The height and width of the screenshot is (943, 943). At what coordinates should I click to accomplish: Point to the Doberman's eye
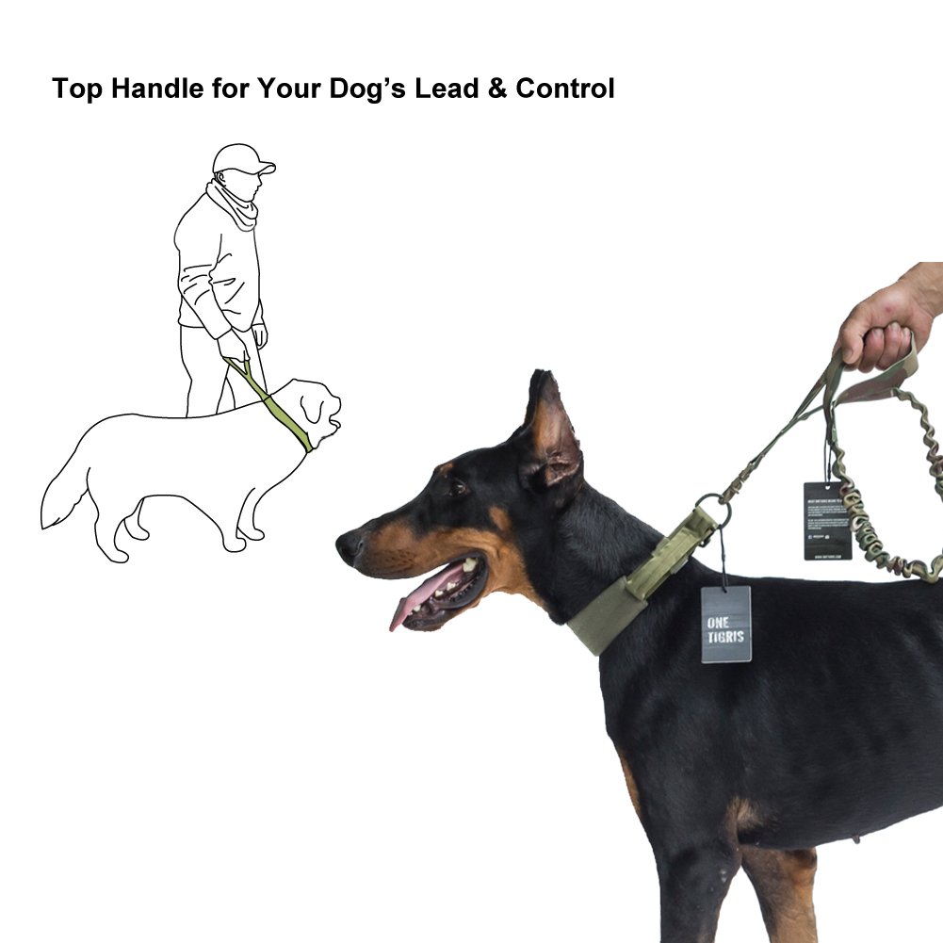tap(458, 488)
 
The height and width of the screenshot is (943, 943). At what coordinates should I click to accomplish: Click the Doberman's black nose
tap(347, 545)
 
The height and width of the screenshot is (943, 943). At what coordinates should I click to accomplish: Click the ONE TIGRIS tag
tap(725, 624)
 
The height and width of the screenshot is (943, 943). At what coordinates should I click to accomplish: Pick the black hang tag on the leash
tap(827, 520)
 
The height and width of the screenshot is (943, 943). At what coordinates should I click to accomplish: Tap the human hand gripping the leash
tap(881, 325)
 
